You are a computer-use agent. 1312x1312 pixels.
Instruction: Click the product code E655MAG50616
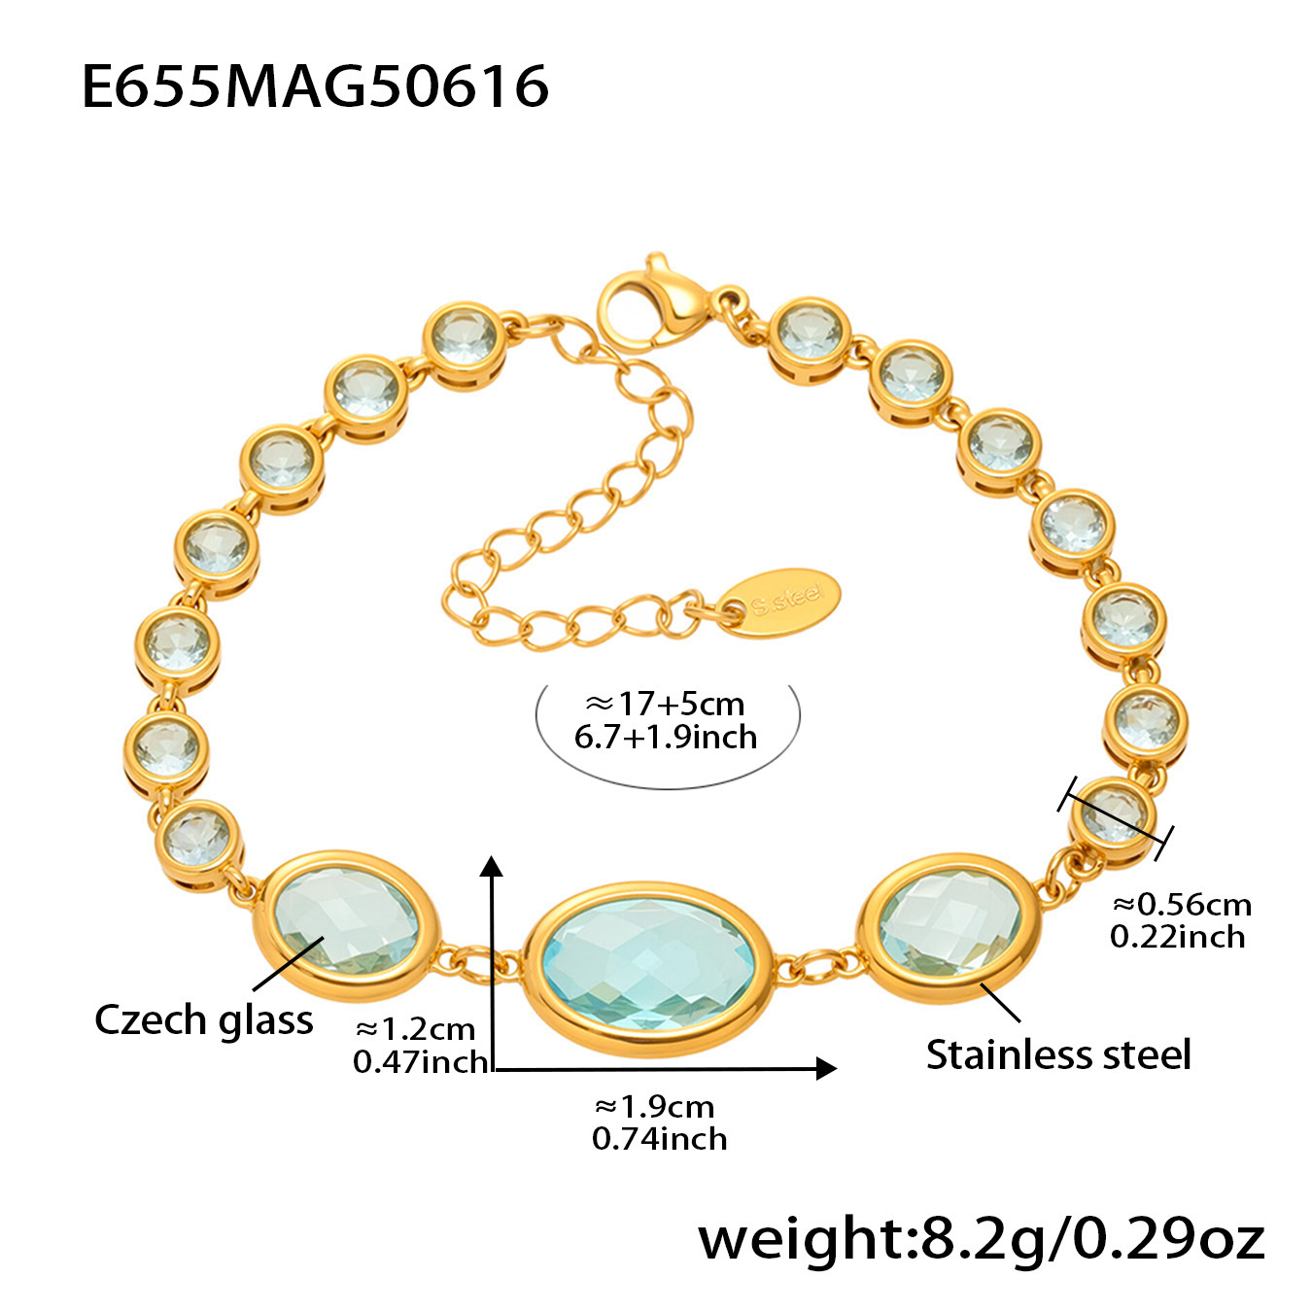(315, 86)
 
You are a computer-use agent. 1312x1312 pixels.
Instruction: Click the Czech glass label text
(204, 1019)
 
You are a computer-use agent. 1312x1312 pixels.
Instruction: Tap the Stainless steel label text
(1057, 1054)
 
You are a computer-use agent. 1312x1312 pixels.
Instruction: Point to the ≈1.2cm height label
(416, 1028)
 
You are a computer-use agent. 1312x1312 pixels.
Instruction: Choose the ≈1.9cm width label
(654, 1106)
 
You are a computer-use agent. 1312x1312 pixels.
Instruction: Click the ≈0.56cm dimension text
(1182, 904)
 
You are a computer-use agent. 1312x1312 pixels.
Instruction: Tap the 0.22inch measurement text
(1177, 936)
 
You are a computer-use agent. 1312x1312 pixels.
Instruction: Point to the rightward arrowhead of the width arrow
(826, 1068)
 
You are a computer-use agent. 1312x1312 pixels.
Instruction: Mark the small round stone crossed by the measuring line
(1114, 815)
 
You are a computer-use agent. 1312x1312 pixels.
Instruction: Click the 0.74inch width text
(659, 1138)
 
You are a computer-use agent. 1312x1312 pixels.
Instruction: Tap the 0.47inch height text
(420, 1061)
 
